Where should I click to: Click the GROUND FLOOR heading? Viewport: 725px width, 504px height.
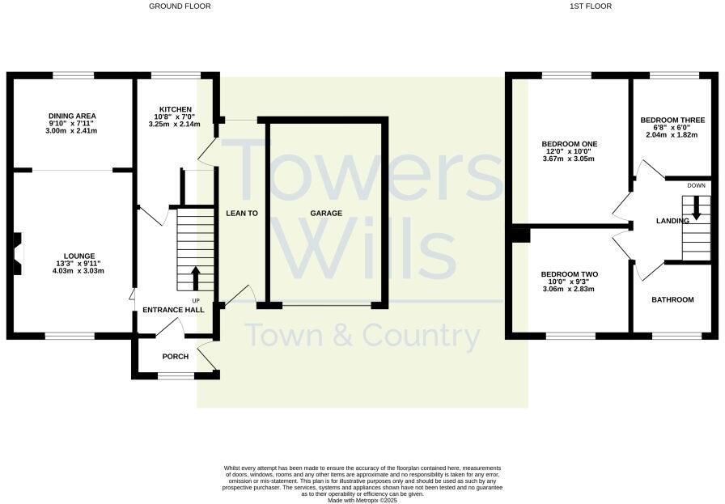coord(180,6)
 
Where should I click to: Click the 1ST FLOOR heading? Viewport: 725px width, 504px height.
coord(591,6)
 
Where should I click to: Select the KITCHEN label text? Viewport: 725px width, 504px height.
coord(175,109)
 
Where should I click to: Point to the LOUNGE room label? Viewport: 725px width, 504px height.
coord(69,256)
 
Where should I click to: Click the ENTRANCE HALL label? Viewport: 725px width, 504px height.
coord(173,310)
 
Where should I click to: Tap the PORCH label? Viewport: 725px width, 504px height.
coord(175,357)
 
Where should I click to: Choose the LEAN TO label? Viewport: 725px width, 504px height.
coord(241,214)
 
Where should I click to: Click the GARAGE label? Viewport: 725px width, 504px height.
coord(326,214)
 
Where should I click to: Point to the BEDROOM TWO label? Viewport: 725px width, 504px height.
coord(569,274)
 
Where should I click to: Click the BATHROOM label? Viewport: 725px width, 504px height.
coord(673,300)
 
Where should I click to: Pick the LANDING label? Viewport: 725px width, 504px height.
coord(672,221)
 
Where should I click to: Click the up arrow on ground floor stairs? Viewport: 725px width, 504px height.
coord(195,278)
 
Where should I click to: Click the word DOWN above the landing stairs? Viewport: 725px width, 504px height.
coord(696,186)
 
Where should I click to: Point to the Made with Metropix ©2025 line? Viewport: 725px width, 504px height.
coord(362,501)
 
